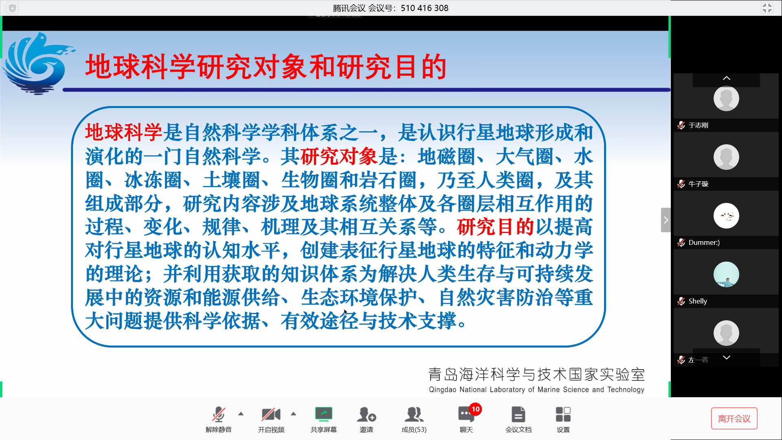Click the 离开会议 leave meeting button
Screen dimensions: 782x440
(734, 418)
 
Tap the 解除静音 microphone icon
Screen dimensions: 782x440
(219, 414)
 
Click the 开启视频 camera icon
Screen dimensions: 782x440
(271, 414)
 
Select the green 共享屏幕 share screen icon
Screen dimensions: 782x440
(324, 414)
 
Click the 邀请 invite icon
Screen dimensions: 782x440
(366, 414)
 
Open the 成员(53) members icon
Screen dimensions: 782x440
(414, 414)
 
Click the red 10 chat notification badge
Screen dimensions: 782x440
(475, 409)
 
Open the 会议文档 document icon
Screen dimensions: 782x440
(518, 414)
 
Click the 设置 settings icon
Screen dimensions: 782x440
(563, 414)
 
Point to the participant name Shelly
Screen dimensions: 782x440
(698, 301)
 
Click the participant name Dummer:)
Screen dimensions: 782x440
(704, 242)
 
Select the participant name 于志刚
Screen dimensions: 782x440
(699, 125)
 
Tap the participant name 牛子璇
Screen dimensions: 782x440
(699, 184)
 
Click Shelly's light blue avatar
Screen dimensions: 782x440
(726, 274)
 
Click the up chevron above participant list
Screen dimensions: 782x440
(727, 78)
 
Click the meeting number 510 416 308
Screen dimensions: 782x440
(424, 8)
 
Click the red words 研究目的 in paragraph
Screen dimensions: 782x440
(495, 227)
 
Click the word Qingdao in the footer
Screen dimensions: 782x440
(442, 389)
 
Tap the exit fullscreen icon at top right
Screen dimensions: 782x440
(767, 8)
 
